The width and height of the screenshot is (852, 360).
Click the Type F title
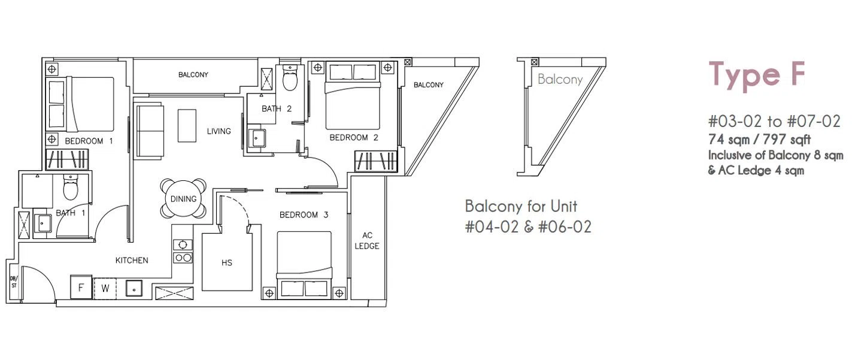(757, 76)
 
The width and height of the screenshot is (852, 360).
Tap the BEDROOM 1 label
(89, 141)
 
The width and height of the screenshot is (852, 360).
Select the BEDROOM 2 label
(354, 138)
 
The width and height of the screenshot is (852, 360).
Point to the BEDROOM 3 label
(304, 215)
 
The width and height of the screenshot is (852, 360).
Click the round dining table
(183, 199)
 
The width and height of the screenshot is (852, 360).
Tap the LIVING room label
(219, 131)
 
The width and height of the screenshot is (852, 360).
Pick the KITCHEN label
(132, 261)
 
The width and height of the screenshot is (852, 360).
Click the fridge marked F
(81, 288)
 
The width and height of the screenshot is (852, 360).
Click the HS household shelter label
(227, 262)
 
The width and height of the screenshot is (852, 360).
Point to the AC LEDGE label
(367, 241)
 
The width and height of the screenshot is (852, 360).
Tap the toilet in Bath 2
(290, 78)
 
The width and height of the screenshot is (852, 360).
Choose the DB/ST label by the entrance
(14, 282)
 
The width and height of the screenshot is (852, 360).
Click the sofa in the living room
(150, 132)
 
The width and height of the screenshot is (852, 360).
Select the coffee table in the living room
(187, 126)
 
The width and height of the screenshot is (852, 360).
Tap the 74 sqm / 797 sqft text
(759, 140)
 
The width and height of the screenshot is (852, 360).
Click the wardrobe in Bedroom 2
(376, 161)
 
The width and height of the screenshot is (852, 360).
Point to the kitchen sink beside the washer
(134, 289)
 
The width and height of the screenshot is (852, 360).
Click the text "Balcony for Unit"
(521, 207)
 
